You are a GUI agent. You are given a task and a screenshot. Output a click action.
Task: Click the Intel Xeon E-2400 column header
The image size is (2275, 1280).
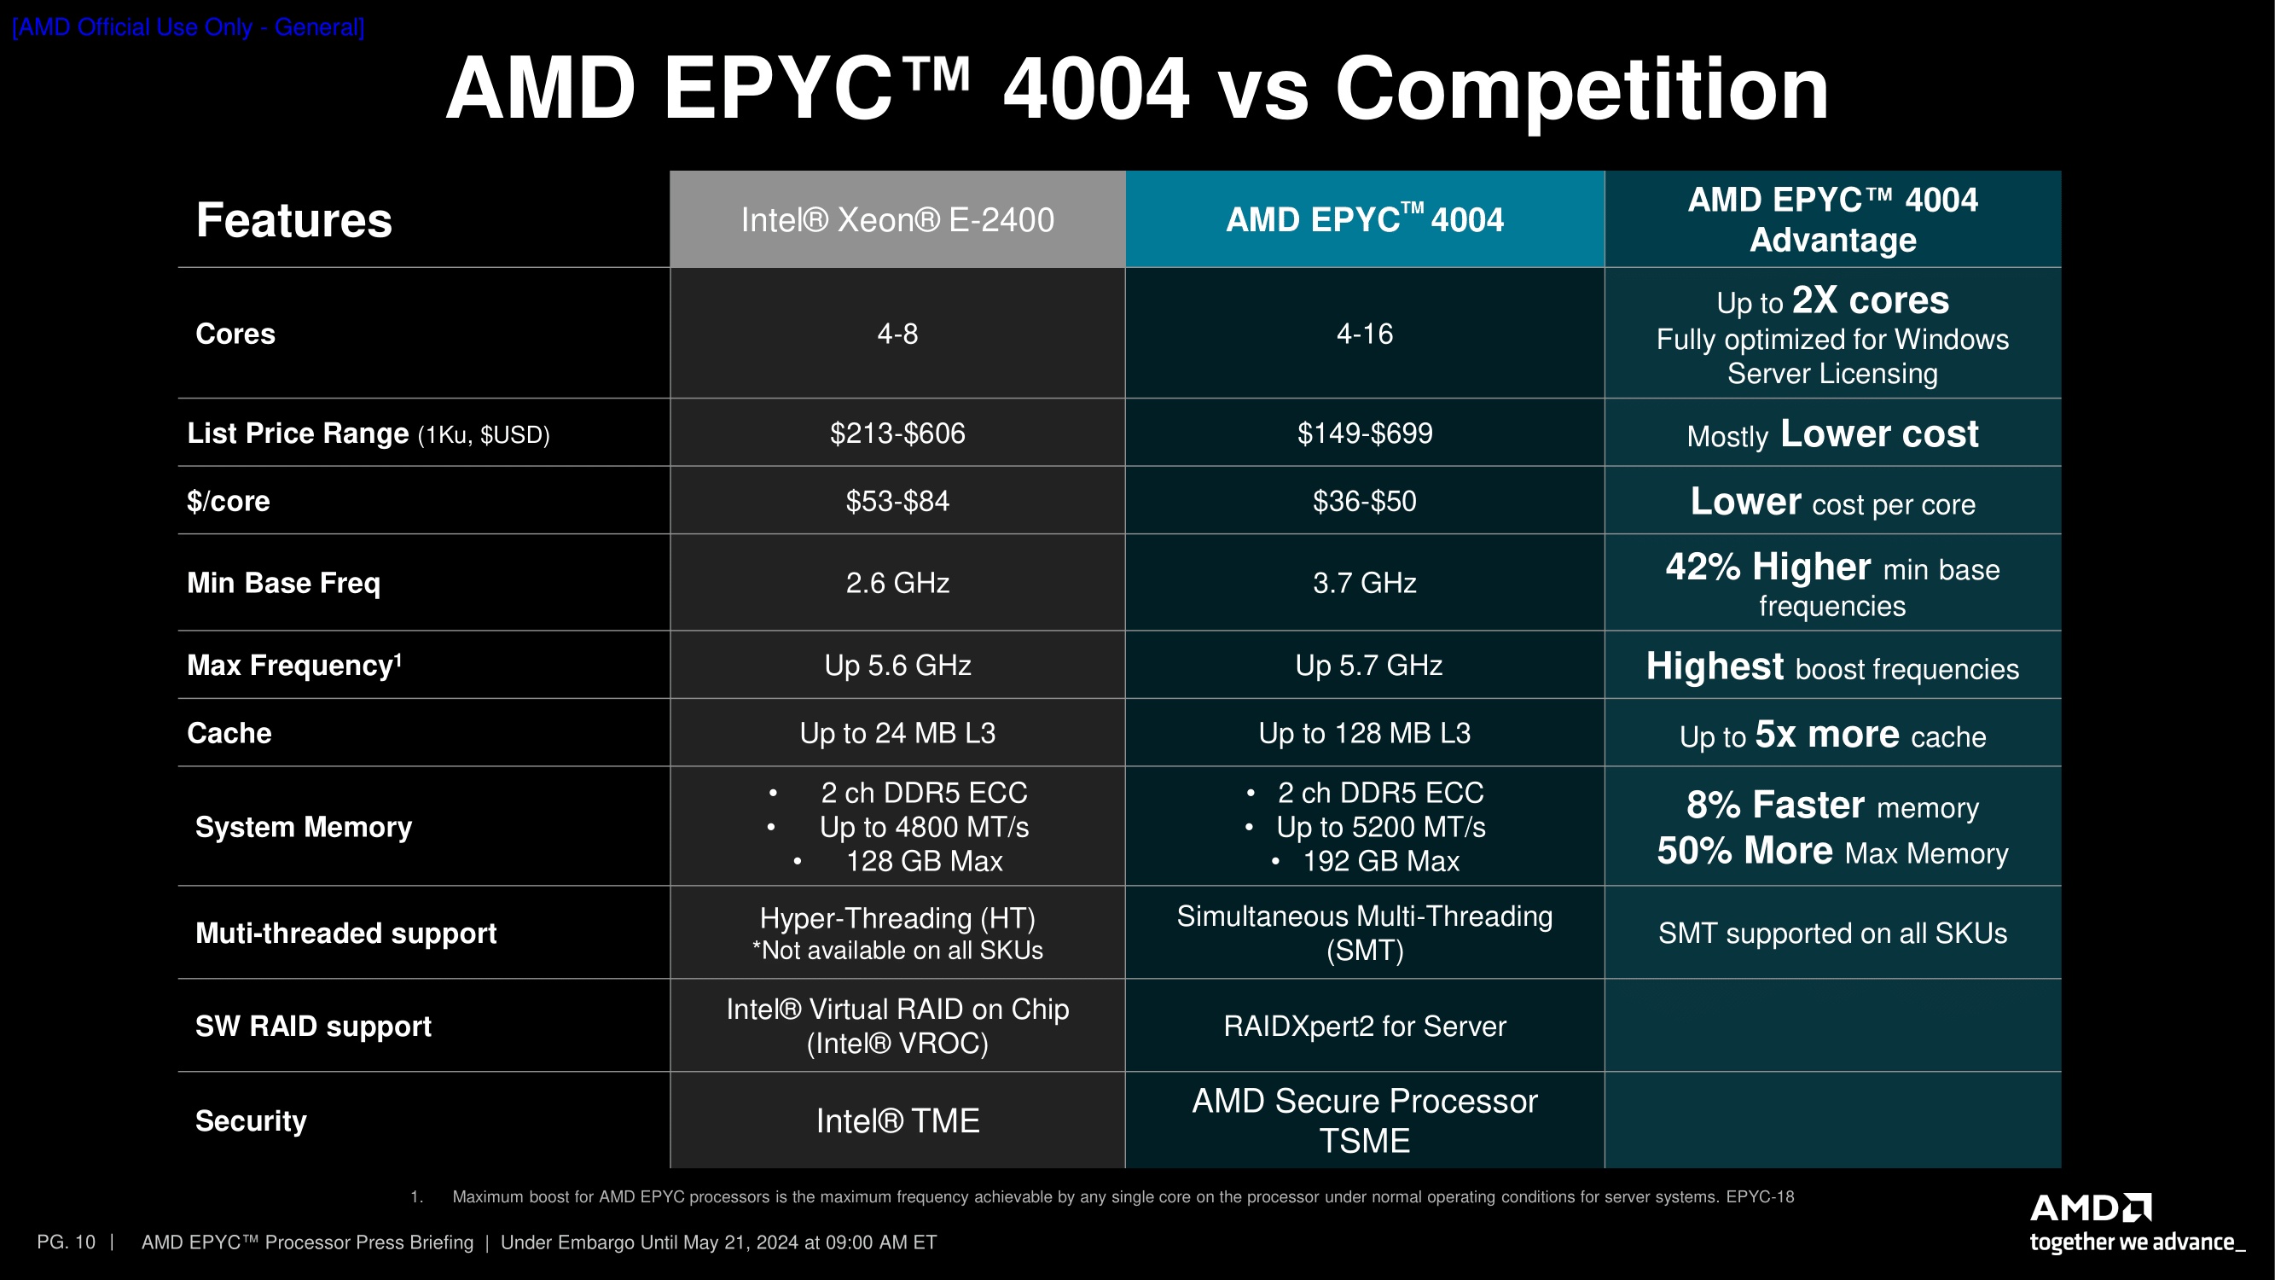pos(897,220)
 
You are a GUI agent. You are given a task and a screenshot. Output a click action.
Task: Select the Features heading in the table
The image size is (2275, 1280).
pos(293,220)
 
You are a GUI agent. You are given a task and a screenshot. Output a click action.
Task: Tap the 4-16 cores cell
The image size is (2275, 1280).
pos(1365,334)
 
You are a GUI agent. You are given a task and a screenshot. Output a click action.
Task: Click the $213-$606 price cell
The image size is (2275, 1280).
pos(897,433)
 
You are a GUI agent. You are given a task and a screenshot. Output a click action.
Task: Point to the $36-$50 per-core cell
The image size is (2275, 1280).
pos(1365,502)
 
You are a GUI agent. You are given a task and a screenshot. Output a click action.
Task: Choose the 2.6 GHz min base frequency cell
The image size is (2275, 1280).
pos(897,583)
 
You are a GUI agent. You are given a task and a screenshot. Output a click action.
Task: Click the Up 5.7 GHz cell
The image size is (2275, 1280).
pos(1368,666)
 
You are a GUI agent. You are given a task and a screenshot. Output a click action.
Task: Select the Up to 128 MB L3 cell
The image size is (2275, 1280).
pos(1365,733)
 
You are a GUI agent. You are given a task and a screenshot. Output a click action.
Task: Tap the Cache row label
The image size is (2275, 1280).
pos(229,733)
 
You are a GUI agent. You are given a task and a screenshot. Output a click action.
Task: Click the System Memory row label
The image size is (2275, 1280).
pos(303,827)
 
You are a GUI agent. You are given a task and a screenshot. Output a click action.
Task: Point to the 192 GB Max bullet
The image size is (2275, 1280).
pos(1380,861)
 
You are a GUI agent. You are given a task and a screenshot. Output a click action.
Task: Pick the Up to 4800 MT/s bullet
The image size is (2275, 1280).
pos(924,827)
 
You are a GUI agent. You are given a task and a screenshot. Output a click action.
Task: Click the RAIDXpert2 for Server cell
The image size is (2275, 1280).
pos(1365,1027)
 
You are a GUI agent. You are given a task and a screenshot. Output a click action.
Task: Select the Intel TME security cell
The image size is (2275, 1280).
pos(897,1121)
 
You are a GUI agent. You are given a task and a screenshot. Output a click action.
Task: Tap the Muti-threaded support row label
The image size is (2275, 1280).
pos(345,933)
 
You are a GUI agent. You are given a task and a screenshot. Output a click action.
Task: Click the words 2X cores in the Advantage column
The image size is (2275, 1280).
pos(1870,300)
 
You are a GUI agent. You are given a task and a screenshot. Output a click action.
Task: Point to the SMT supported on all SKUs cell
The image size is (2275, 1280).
pos(1832,933)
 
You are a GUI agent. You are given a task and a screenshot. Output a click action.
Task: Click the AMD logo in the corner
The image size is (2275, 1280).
pos(2091,1208)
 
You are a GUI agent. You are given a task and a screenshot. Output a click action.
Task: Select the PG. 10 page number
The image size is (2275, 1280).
pos(67,1242)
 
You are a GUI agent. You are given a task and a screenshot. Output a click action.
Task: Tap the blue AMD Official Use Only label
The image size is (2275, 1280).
pos(189,27)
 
